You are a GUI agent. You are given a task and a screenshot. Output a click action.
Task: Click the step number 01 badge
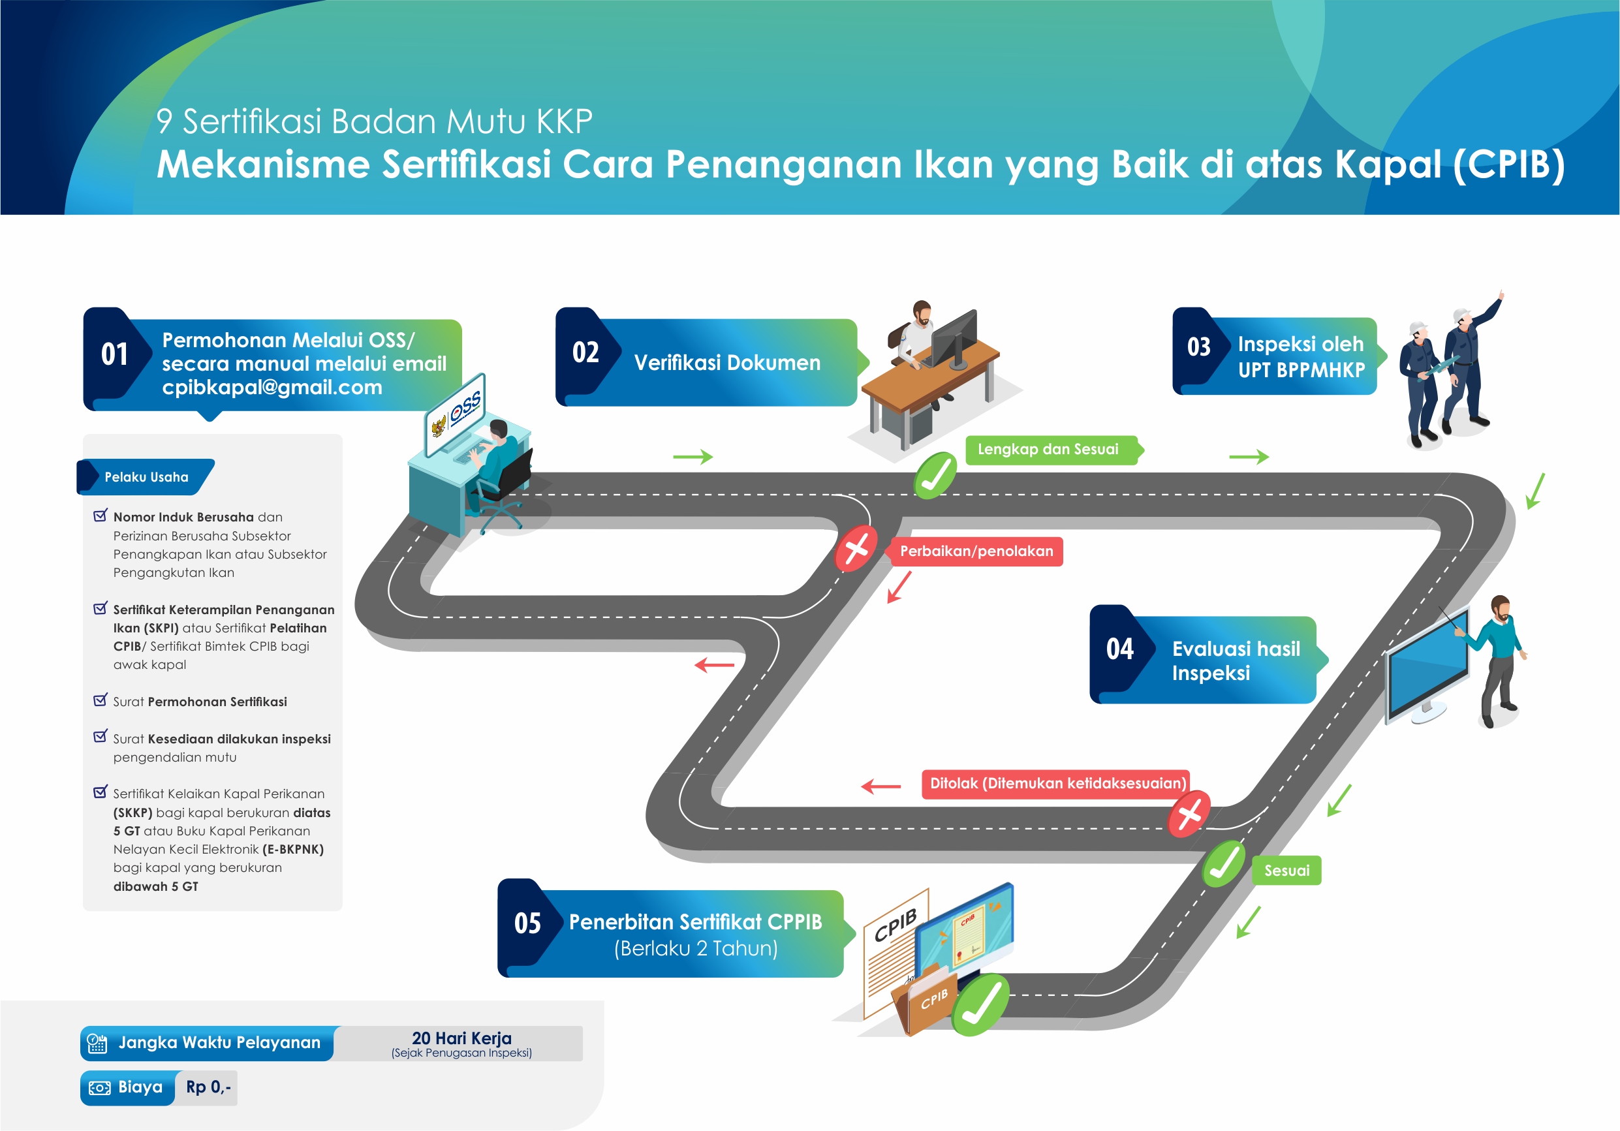pyautogui.click(x=114, y=354)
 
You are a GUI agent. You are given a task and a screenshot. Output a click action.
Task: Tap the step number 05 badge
pyautogui.click(x=527, y=923)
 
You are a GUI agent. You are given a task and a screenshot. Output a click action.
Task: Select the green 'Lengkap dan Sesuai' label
pyautogui.click(x=1048, y=450)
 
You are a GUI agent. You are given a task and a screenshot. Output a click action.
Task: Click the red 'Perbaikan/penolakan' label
pyautogui.click(x=976, y=551)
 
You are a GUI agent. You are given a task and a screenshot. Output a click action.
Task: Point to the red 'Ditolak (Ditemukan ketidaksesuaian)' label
pyautogui.click(x=1057, y=783)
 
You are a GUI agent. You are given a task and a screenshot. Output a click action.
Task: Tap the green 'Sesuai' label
pyautogui.click(x=1286, y=871)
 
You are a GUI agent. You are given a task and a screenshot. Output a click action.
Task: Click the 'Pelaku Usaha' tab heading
pyautogui.click(x=146, y=477)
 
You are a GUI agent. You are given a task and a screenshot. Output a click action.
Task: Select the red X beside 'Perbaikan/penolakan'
pyautogui.click(x=856, y=548)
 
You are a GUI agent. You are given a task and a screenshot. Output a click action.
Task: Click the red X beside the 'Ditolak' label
pyautogui.click(x=1190, y=814)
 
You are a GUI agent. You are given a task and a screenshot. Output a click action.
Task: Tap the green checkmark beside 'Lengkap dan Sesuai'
pyautogui.click(x=935, y=476)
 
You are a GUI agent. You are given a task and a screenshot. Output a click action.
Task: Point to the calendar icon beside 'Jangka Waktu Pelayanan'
pyautogui.click(x=97, y=1044)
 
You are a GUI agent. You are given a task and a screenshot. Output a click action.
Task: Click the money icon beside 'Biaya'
pyautogui.click(x=99, y=1088)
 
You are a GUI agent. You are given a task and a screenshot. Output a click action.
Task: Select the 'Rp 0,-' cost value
pyautogui.click(x=208, y=1087)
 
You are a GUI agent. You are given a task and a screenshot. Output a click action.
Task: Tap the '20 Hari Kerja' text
pyautogui.click(x=461, y=1038)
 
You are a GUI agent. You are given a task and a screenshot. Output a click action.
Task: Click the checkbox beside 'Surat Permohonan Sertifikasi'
pyautogui.click(x=101, y=700)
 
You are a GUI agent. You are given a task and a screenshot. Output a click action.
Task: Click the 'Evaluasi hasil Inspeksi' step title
pyautogui.click(x=1236, y=660)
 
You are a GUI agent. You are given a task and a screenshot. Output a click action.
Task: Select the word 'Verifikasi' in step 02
pyautogui.click(x=677, y=363)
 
